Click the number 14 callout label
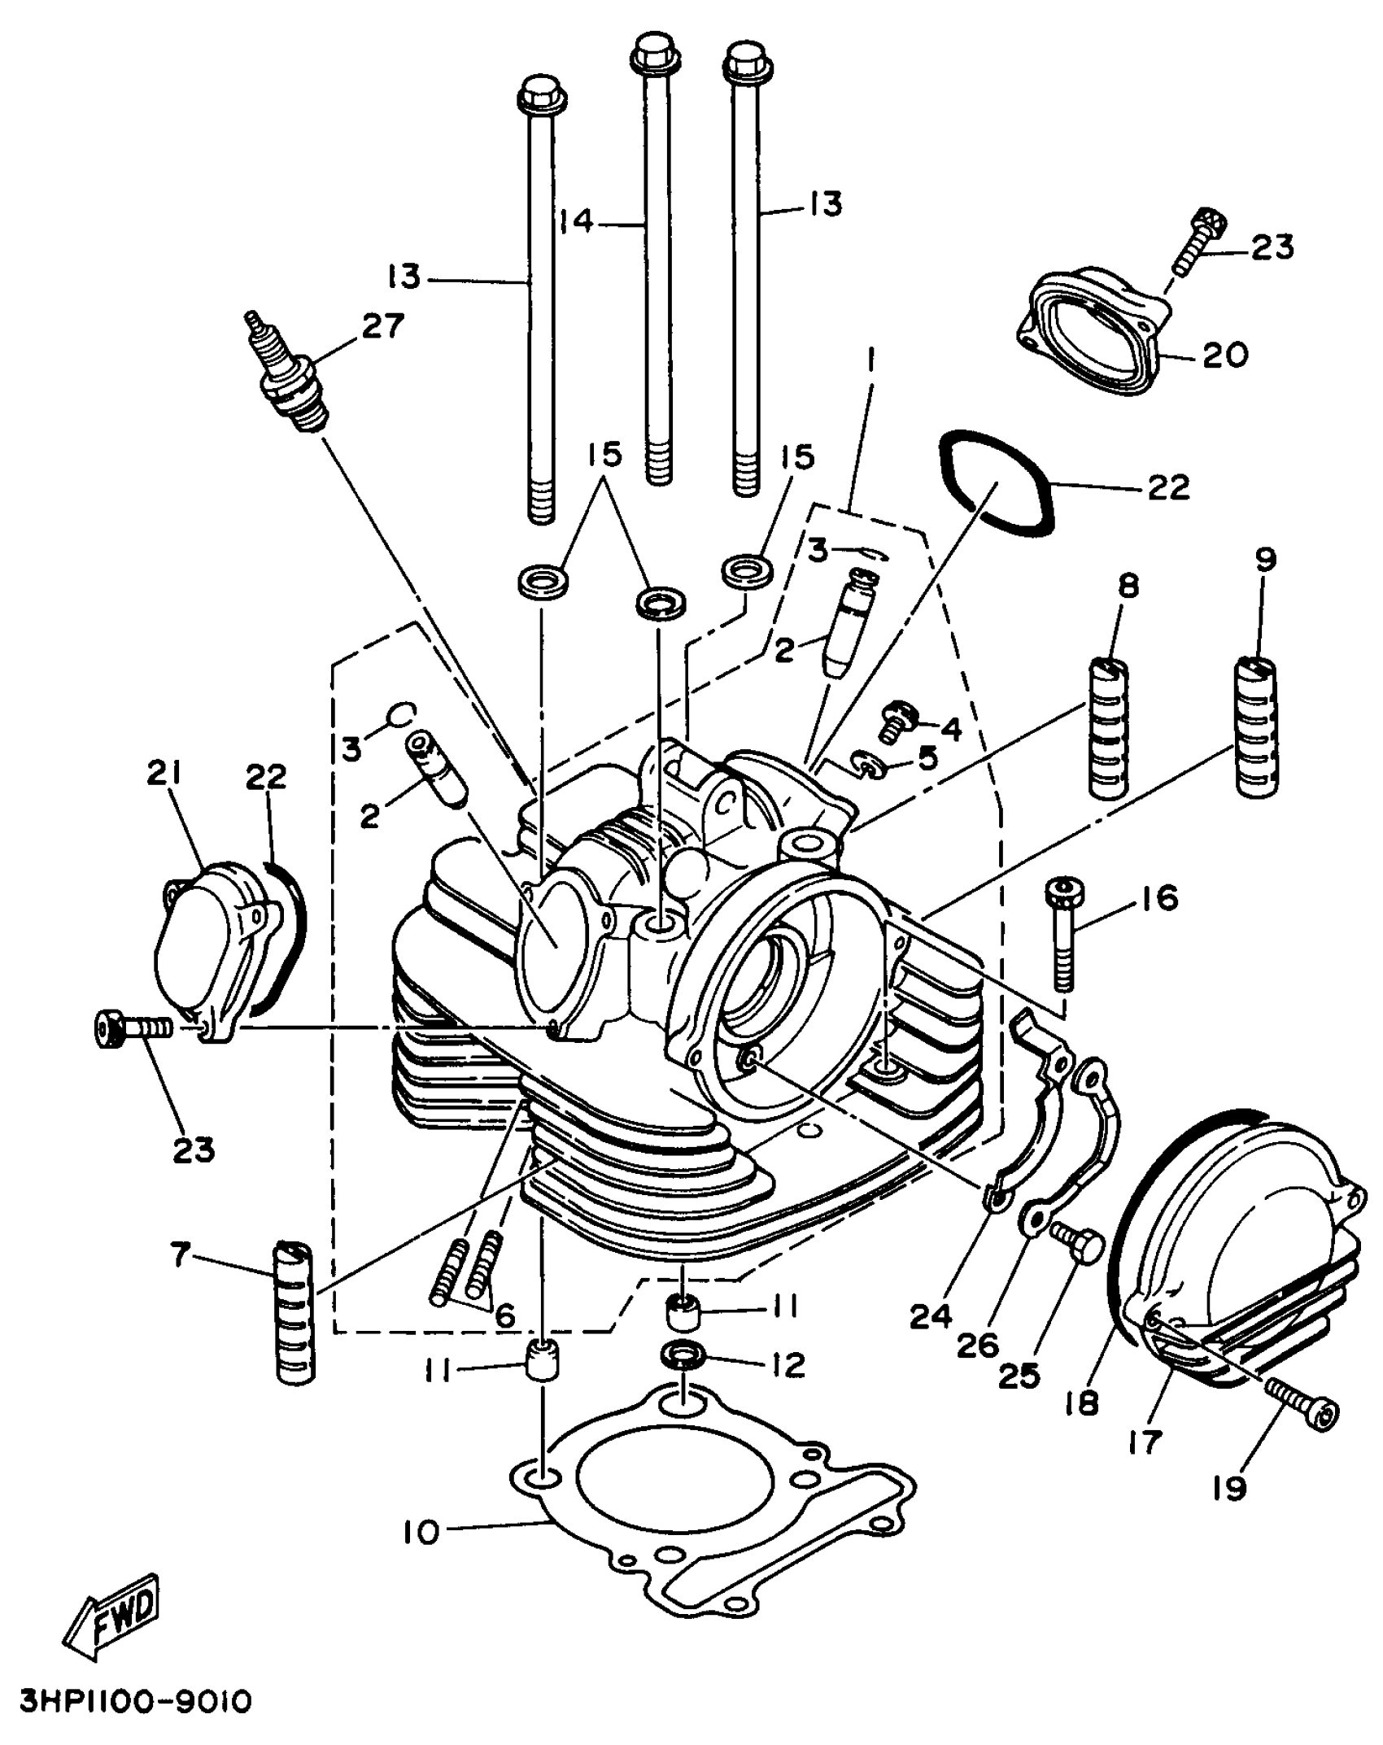(x=577, y=221)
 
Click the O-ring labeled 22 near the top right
(x=997, y=483)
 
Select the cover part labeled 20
(x=1094, y=334)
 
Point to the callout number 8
(x=1128, y=587)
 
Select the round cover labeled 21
(x=213, y=948)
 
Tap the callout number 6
(x=505, y=1315)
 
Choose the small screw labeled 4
(x=900, y=718)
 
